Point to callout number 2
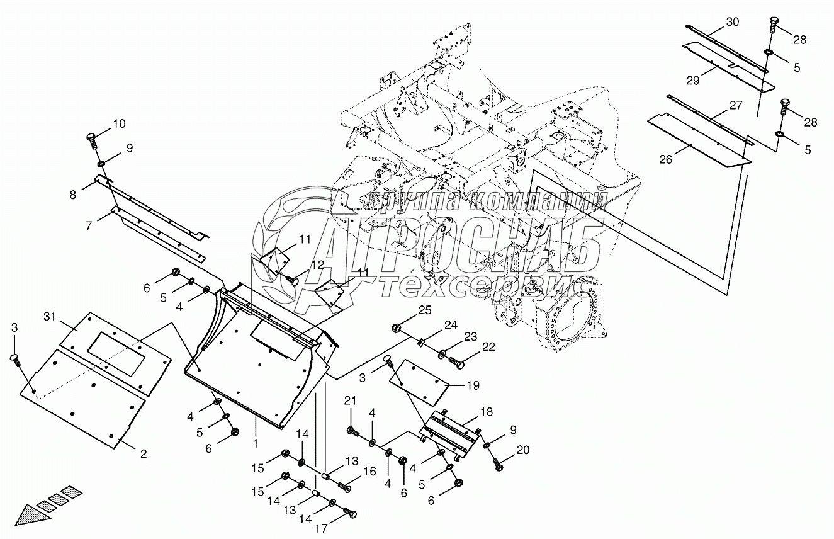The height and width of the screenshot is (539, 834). tap(144, 453)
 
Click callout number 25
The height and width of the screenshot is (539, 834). tap(425, 310)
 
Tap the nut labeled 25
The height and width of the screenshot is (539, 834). tap(397, 327)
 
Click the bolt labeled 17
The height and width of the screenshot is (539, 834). tap(349, 514)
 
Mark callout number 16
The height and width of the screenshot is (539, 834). tap(370, 472)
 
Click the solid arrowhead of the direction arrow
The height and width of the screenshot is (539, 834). tap(31, 514)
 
